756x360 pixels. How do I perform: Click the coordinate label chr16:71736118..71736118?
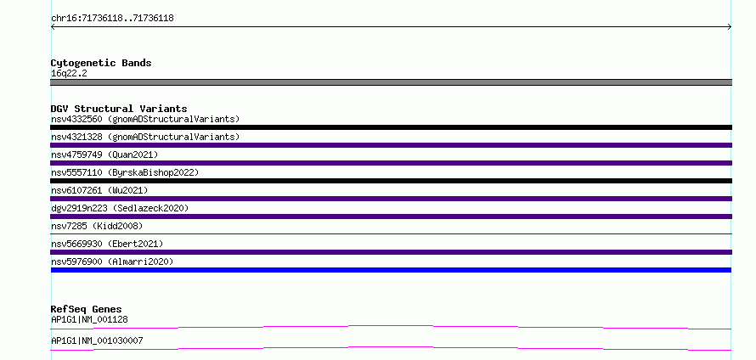pos(112,19)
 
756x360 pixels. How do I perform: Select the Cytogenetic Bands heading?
pos(101,63)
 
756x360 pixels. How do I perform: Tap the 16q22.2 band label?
pos(69,74)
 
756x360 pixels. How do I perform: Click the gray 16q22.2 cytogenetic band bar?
pos(391,82)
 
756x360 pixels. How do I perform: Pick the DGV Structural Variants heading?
pos(119,109)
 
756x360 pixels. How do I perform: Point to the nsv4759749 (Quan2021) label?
pos(104,155)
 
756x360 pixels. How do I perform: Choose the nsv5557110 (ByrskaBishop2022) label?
pos(125,172)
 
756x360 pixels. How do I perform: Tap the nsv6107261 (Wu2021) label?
pos(99,190)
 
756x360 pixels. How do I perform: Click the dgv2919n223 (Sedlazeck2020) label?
pos(120,208)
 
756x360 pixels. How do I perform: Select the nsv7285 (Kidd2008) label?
pos(97,226)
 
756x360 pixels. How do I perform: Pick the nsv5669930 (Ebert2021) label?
pos(107,244)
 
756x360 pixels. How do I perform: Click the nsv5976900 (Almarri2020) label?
pos(112,262)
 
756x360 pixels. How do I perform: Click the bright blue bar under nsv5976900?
pos(391,270)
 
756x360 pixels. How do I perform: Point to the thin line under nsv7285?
pos(391,234)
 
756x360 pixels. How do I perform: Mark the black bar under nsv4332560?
pos(391,127)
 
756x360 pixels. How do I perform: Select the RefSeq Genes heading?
pos(87,309)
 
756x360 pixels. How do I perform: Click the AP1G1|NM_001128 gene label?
pos(89,319)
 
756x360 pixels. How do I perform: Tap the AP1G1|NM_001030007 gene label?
pos(97,340)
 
